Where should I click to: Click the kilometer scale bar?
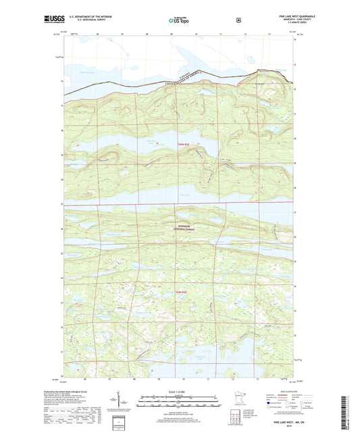coord(179,398)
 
